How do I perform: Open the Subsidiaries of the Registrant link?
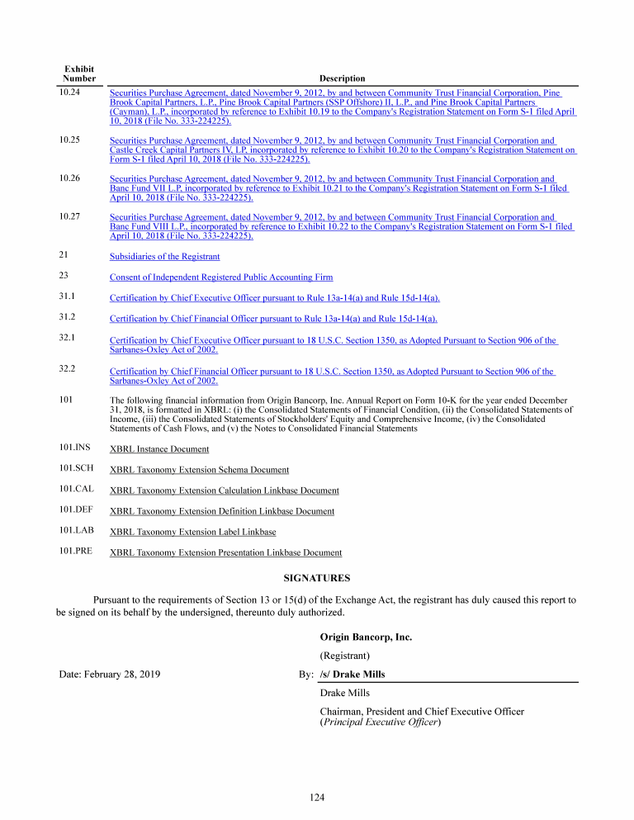tap(164, 257)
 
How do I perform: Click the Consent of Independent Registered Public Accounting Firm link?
tap(221, 277)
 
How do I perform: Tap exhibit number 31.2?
tap(68, 316)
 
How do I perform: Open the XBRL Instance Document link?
tap(159, 449)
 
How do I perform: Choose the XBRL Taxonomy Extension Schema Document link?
tap(199, 470)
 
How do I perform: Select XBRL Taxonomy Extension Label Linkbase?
tap(192, 533)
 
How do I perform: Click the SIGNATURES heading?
tap(317, 578)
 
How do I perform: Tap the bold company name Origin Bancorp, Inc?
tap(366, 638)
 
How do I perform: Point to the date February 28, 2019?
tap(110, 675)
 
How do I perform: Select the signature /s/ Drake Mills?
tap(352, 675)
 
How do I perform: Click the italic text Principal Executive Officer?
tap(381, 723)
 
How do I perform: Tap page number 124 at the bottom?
tap(317, 797)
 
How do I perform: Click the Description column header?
tap(342, 78)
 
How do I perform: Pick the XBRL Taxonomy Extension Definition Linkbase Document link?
tap(222, 512)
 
